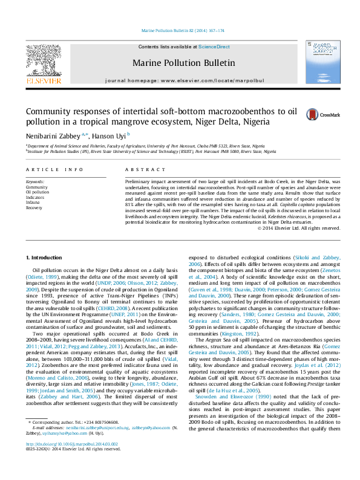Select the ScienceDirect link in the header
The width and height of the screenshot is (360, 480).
[215, 47]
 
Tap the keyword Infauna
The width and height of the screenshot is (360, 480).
[34, 203]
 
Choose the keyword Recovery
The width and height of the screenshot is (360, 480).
[34, 207]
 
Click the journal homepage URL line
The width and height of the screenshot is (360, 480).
[185, 80]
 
